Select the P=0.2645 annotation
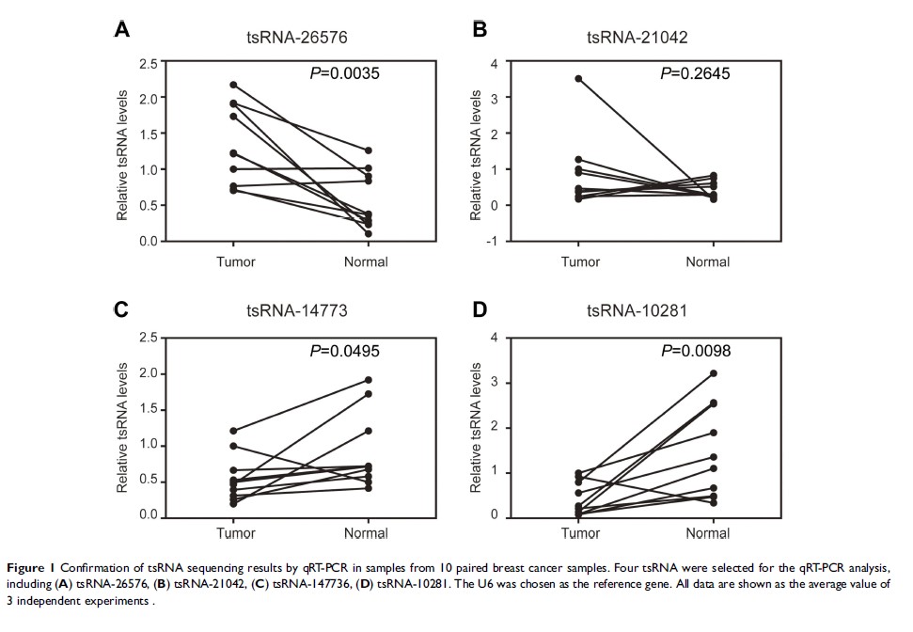click(x=695, y=74)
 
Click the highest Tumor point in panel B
click(x=579, y=79)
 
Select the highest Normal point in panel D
click(x=713, y=373)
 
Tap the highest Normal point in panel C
click(x=367, y=380)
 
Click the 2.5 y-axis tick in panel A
click(x=148, y=63)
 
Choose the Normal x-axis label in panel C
click(x=367, y=534)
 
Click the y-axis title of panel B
click(x=477, y=155)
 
